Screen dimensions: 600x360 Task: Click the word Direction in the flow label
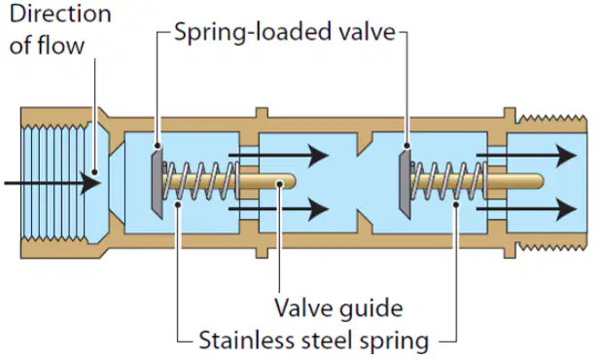(60, 14)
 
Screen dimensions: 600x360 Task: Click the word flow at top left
(60, 45)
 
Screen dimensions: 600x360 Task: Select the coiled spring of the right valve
(448, 181)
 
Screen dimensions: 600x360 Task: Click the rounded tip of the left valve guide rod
(292, 181)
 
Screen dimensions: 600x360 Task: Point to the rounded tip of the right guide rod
(539, 181)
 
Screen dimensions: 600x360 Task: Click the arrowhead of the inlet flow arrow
(91, 183)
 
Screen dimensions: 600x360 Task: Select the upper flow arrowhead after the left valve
(318, 156)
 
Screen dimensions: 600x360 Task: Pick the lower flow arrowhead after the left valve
(318, 209)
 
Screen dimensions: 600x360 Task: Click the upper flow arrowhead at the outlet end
(566, 156)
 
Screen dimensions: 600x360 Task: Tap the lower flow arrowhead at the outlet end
(566, 209)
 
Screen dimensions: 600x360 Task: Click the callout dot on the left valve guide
(280, 184)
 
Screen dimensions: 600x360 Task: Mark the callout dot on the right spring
(456, 204)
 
